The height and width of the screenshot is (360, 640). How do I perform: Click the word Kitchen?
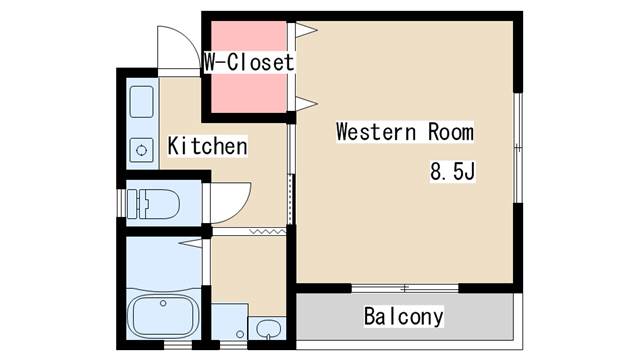tap(207, 146)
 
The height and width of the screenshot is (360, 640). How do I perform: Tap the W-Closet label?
tap(249, 62)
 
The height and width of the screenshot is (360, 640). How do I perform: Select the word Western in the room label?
tap(376, 132)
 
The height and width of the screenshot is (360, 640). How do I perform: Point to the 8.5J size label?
tap(453, 171)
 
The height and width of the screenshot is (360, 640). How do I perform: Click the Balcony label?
tap(404, 316)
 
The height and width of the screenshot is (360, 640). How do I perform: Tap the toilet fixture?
tap(153, 203)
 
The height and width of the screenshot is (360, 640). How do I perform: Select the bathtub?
tap(163, 313)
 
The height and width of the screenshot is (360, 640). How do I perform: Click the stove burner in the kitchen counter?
tap(142, 150)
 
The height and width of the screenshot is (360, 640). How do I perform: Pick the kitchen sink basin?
tap(142, 102)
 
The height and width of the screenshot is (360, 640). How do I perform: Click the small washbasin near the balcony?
tap(268, 329)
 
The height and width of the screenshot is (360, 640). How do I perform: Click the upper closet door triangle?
tap(306, 30)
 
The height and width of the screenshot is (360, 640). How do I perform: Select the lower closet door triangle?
tap(306, 104)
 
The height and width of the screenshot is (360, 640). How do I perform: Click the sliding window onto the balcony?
tap(405, 289)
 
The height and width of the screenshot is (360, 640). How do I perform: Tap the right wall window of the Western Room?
tap(518, 148)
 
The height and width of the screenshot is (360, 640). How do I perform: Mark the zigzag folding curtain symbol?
tap(267, 232)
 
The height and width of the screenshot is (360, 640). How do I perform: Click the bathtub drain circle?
tap(163, 303)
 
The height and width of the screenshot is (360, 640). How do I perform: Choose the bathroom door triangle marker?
tap(191, 243)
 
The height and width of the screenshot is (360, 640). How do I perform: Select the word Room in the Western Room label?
tap(451, 132)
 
